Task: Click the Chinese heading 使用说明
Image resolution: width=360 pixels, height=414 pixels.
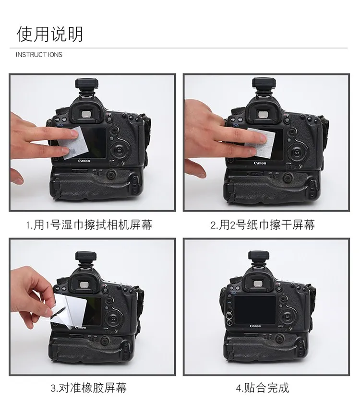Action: pyautogui.click(x=50, y=34)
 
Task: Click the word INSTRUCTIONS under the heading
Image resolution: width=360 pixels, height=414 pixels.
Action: pyautogui.click(x=39, y=55)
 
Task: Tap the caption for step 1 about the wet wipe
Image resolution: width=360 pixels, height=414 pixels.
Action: pyautogui.click(x=91, y=224)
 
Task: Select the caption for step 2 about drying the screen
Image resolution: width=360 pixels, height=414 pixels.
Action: pyautogui.click(x=263, y=224)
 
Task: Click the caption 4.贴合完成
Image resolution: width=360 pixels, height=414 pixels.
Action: pyautogui.click(x=263, y=388)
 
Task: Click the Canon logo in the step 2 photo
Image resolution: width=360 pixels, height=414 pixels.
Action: pyautogui.click(x=260, y=163)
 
